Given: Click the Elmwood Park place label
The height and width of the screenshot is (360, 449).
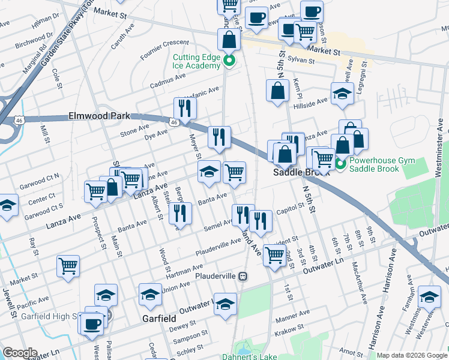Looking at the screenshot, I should click(100, 115).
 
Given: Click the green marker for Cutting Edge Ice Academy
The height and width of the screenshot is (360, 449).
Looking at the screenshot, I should click(229, 61).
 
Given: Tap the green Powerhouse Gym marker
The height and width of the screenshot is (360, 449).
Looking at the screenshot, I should click(341, 163).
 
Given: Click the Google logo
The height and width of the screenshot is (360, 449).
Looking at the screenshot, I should click(20, 353).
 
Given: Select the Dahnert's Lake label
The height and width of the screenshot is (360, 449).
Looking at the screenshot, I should click(264, 357).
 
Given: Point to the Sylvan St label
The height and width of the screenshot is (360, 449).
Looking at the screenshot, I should click(301, 61).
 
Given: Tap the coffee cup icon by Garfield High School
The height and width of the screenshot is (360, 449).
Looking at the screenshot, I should click(92, 323).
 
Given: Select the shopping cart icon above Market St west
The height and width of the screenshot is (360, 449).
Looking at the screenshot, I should click(68, 265).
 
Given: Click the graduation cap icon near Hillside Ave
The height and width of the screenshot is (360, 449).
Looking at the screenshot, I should click(342, 94).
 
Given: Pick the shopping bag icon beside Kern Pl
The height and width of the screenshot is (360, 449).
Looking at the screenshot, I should click(277, 91).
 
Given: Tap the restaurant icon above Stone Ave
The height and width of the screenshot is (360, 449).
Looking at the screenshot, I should click(184, 108).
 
